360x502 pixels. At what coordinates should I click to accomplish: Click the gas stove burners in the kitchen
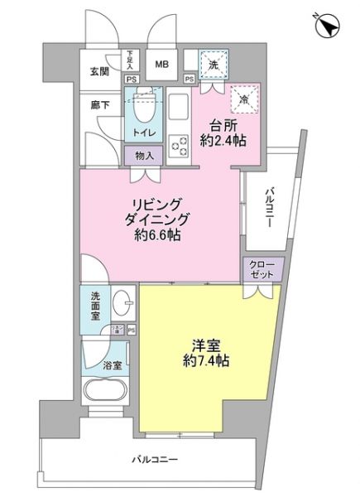click(180, 146)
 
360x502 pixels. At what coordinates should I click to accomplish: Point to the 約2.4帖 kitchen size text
click(223, 141)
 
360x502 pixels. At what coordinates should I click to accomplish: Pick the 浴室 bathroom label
click(111, 364)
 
